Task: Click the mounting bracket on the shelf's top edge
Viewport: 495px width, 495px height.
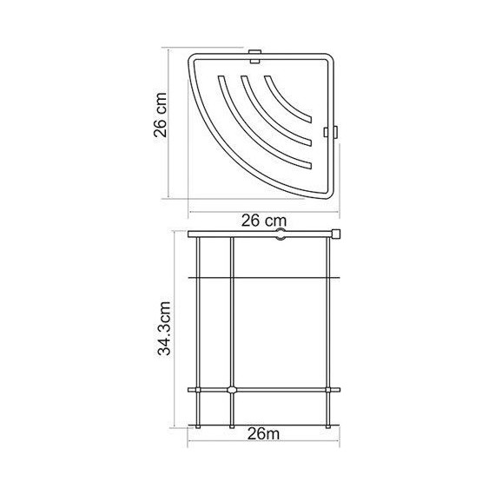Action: (254, 58)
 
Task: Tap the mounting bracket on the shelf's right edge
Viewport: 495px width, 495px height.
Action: (330, 132)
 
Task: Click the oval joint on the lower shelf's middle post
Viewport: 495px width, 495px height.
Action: (231, 388)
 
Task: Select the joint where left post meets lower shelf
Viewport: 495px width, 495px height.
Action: (199, 388)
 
